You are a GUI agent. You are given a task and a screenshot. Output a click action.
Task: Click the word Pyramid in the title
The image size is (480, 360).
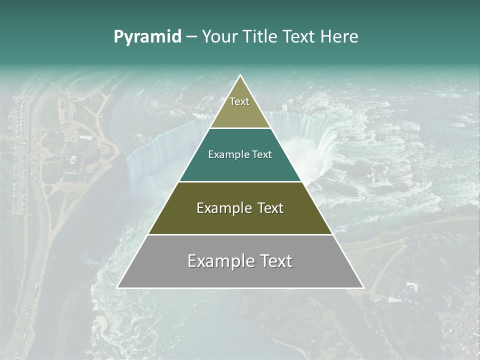[x=147, y=37]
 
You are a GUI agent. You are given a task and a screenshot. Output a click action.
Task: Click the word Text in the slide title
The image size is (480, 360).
[x=299, y=36]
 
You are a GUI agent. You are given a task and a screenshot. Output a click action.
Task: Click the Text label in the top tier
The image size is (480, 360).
[x=239, y=101]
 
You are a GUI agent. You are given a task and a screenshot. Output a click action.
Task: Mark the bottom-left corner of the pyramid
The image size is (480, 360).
[x=117, y=287]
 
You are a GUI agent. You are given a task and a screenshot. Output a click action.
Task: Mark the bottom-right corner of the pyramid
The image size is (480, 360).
[x=363, y=287]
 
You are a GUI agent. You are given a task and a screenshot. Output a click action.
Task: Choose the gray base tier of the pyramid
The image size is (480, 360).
[x=240, y=276]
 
